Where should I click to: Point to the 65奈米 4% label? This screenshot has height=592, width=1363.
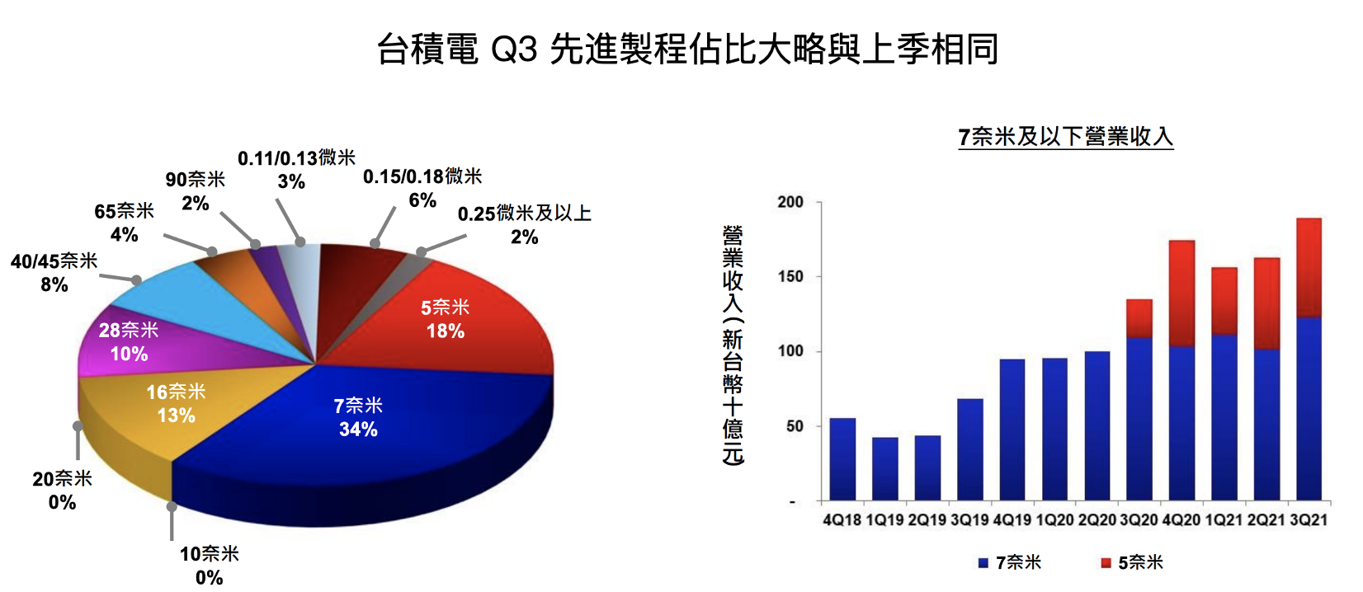point(124,223)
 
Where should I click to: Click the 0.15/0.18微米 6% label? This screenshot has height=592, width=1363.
point(422,188)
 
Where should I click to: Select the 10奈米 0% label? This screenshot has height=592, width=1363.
point(210,565)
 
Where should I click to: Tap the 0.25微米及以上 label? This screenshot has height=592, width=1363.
point(525,225)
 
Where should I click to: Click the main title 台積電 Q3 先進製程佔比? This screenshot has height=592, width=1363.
point(687,49)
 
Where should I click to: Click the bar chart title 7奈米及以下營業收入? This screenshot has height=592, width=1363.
point(1065,137)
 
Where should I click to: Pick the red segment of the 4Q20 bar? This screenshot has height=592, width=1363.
point(1181,293)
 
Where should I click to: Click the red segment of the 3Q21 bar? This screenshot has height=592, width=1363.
point(1309,267)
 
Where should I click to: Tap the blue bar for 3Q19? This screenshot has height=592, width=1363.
point(970,449)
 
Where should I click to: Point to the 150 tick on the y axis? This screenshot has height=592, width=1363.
point(790,277)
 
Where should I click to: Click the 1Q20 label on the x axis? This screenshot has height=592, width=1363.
point(1054,520)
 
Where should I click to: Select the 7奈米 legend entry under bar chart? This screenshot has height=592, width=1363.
point(1010,562)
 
